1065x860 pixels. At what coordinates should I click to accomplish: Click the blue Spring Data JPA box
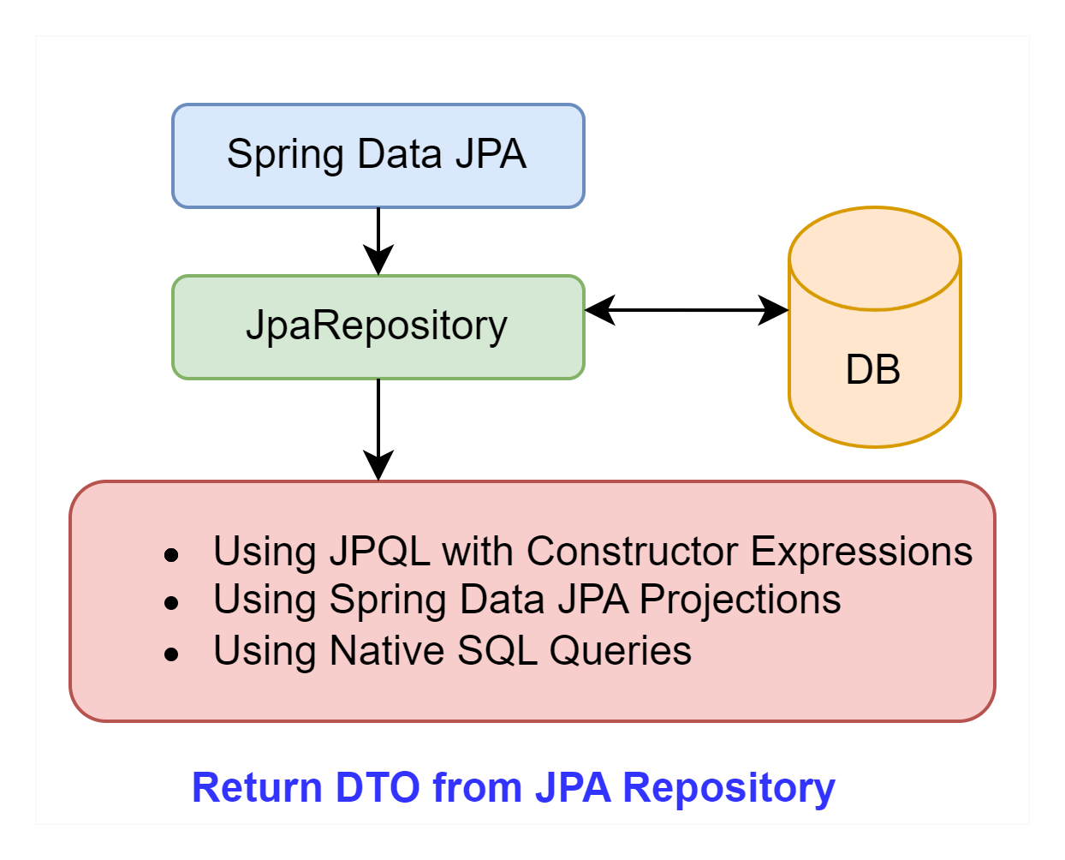(x=378, y=156)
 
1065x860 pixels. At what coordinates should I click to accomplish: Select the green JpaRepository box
(x=378, y=327)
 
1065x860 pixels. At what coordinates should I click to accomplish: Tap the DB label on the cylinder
(x=873, y=369)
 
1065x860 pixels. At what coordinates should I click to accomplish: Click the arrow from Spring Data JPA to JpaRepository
(x=378, y=242)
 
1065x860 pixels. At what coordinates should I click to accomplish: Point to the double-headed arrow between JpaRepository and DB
(x=687, y=310)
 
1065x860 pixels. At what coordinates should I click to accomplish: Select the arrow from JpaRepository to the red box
(x=378, y=430)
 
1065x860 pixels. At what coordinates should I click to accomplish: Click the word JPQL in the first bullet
(x=380, y=552)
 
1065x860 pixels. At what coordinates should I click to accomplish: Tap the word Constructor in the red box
(x=633, y=552)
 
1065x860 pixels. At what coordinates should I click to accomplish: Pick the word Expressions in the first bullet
(x=862, y=552)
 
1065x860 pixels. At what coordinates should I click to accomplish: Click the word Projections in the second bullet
(x=740, y=600)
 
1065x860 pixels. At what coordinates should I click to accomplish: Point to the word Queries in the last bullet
(x=621, y=650)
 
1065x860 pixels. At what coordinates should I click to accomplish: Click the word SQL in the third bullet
(x=497, y=650)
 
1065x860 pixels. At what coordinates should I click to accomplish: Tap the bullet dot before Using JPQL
(x=171, y=555)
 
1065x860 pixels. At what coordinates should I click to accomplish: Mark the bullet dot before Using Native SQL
(x=171, y=654)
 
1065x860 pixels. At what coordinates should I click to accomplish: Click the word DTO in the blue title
(x=378, y=787)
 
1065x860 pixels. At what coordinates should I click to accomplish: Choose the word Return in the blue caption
(x=257, y=787)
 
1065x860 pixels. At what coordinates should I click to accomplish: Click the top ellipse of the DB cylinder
(x=874, y=259)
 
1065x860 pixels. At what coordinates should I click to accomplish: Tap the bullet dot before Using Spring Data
(x=171, y=603)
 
